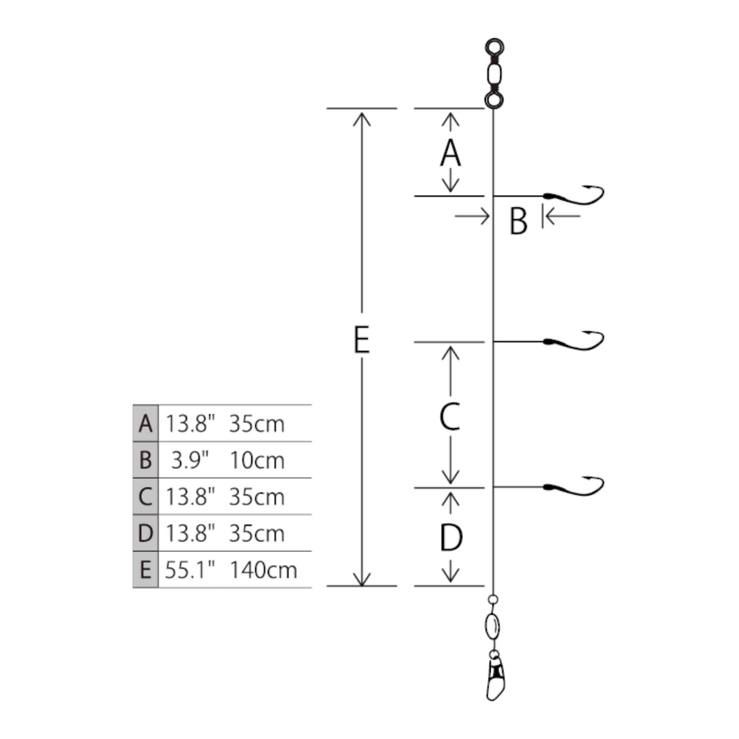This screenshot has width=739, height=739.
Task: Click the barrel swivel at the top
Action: tap(494, 74)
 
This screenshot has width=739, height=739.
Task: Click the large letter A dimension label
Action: tap(450, 153)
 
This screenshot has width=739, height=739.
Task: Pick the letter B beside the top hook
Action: tap(518, 221)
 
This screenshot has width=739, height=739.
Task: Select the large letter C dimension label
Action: tap(450, 416)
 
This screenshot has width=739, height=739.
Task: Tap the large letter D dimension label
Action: tap(451, 537)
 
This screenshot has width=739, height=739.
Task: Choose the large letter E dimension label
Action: tap(361, 340)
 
